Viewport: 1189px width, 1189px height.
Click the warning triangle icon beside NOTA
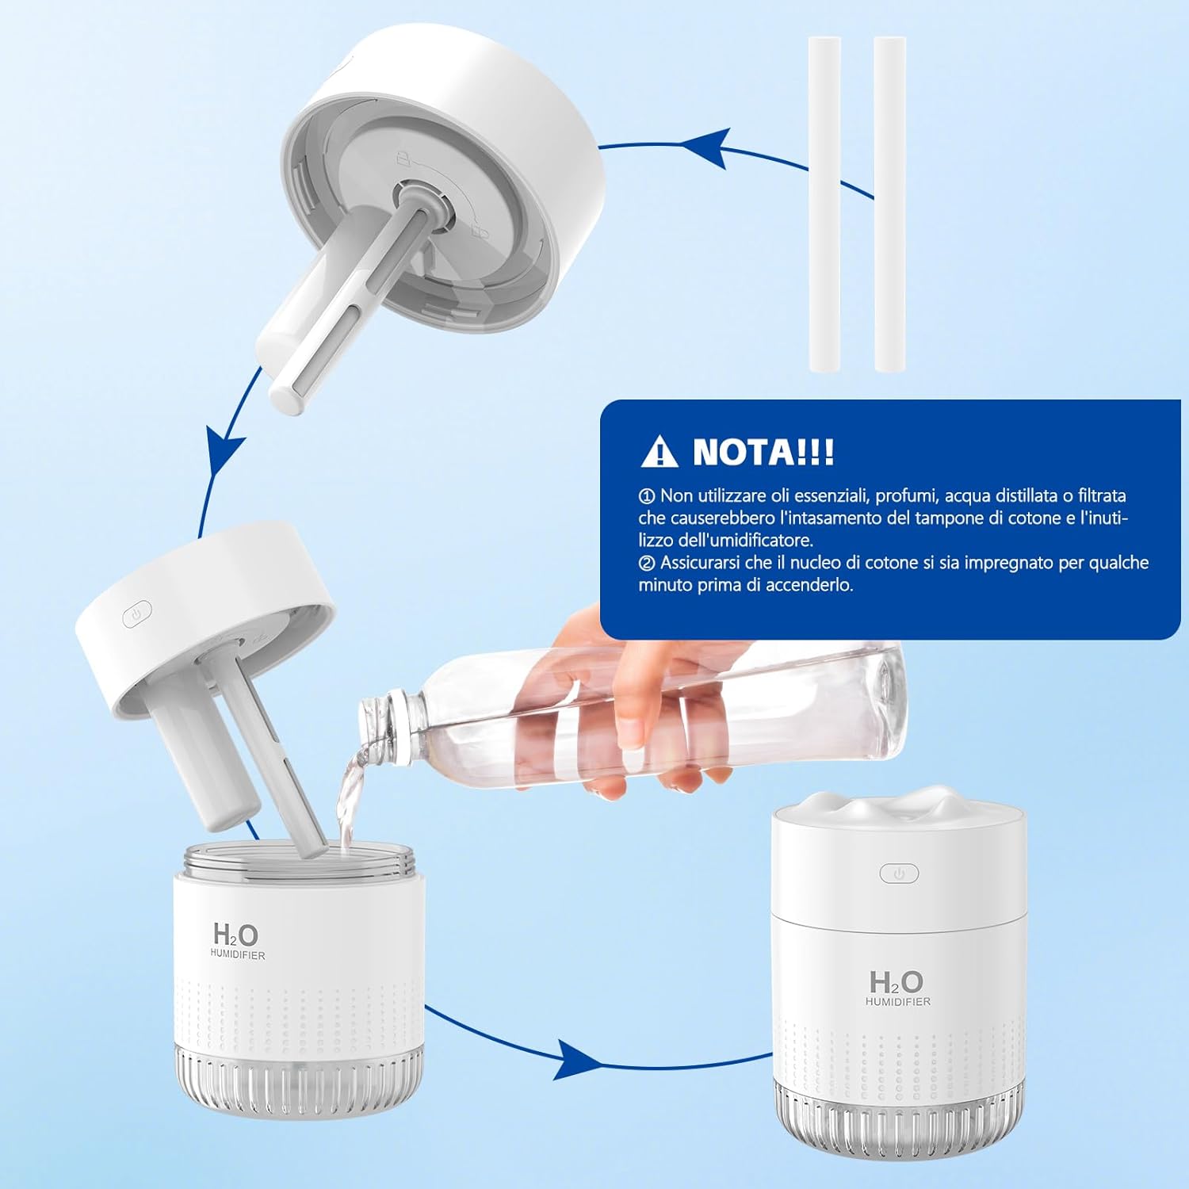659,452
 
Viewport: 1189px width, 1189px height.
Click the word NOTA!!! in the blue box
763,452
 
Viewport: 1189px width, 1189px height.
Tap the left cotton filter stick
824,204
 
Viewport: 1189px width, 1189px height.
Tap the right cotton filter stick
889,204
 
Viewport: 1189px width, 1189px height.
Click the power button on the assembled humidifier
899,874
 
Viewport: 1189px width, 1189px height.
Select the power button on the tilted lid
137,614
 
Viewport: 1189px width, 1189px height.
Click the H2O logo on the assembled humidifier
897,982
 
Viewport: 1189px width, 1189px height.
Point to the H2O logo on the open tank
235,935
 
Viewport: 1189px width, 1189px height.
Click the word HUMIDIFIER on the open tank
238,955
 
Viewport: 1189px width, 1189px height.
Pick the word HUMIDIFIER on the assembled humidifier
898,1002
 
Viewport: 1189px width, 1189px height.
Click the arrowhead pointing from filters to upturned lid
705,147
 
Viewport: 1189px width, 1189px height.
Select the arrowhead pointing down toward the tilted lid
224,453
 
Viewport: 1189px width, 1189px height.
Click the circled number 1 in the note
647,496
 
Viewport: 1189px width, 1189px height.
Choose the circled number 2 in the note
647,563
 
